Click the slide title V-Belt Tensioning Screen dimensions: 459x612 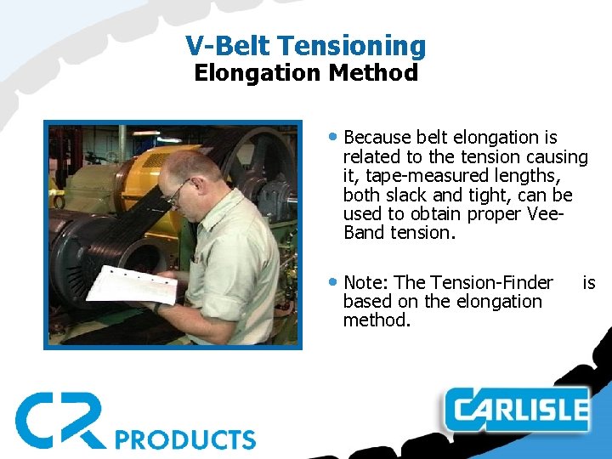[306, 45]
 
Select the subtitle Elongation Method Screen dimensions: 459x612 [306, 73]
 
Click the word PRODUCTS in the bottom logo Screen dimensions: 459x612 [184, 439]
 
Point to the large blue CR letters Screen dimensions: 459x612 [59, 419]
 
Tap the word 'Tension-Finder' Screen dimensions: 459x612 [492, 282]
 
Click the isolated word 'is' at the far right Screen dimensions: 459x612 [588, 282]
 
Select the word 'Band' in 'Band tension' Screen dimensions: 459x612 [364, 232]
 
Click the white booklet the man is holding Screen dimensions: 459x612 [132, 286]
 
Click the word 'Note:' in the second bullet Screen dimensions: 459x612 [367, 282]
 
